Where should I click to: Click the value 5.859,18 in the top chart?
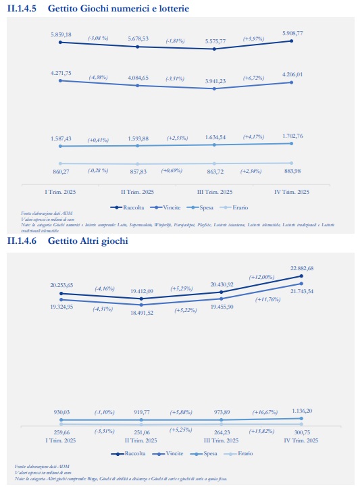(60, 34)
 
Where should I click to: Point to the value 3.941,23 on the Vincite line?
(214, 81)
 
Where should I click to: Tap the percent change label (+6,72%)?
(254, 78)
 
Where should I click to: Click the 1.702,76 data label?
(292, 135)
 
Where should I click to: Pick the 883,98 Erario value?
(292, 170)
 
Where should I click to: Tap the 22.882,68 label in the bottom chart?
(301, 268)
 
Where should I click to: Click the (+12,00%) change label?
(262, 276)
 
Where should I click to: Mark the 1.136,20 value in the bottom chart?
(301, 411)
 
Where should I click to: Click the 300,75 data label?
(301, 432)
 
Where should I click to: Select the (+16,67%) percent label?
(262, 411)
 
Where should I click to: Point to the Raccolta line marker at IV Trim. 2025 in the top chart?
(292, 41)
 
